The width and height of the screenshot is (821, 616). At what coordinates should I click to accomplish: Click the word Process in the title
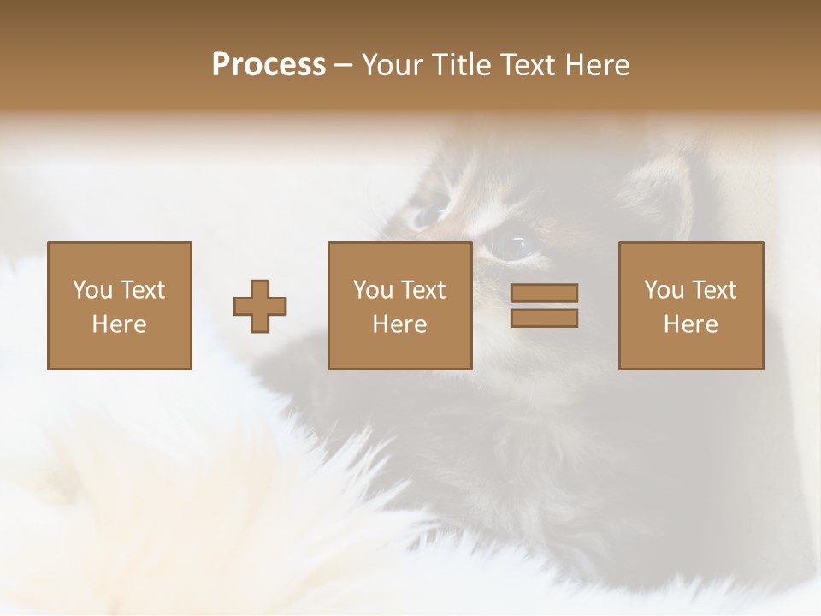[269, 65]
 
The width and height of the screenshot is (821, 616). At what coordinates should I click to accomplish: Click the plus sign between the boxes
[260, 305]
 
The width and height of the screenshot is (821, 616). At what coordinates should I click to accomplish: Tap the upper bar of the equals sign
[544, 293]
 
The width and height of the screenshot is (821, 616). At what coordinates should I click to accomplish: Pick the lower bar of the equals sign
[544, 317]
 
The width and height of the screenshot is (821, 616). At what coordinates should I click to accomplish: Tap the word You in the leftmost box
[92, 290]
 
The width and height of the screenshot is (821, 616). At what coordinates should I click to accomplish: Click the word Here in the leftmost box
[120, 324]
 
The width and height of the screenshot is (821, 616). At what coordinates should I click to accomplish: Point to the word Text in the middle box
[423, 290]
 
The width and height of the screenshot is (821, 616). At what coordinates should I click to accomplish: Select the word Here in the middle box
[400, 324]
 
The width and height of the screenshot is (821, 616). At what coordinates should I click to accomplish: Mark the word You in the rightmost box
[664, 290]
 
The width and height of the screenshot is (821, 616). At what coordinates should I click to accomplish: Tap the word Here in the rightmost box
[691, 324]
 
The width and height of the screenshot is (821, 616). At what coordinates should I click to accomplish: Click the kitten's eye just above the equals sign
[513, 246]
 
